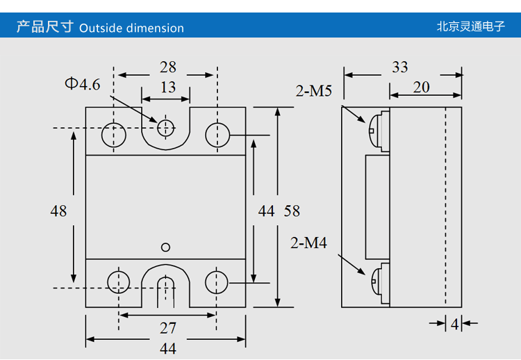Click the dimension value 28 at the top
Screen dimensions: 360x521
coord(168,67)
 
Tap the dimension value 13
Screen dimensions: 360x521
coord(168,88)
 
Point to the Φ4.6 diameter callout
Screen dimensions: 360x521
coord(83,84)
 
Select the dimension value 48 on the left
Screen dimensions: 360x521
coord(58,211)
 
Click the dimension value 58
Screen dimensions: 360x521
coord(292,211)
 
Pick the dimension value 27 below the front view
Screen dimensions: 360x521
coord(168,328)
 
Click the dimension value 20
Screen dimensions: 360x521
coord(421,87)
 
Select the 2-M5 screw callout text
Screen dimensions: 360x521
coord(315,90)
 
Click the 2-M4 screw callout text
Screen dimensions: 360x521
coord(308,243)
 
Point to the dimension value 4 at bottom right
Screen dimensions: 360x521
coord(454,323)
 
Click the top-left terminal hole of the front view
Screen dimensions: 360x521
coord(114,134)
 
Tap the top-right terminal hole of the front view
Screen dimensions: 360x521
coord(217,134)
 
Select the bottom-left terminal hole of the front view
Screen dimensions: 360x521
coord(119,281)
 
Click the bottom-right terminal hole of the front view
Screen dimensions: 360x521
coord(217,281)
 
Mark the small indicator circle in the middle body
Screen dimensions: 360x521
coord(165,247)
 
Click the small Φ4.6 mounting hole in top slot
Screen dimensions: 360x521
coord(165,128)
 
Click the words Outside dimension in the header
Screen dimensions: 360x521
coord(132,28)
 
